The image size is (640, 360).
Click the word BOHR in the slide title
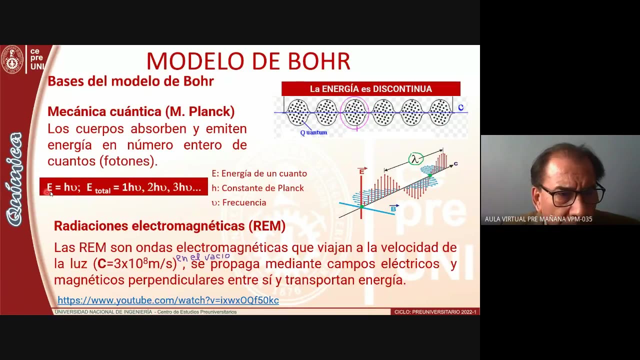pos(315,61)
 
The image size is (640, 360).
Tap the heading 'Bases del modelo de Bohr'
pos(130,81)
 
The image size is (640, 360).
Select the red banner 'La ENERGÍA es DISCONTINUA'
pos(370,89)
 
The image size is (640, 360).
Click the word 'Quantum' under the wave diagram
pos(313,132)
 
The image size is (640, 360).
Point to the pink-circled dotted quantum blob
pos(354,112)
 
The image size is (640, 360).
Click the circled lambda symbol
pos(415,159)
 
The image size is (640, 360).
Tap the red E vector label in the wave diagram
pos(361,171)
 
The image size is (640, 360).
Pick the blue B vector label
pos(393,208)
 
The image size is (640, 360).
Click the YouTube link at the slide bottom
pos(168,300)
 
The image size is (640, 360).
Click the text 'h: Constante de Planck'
pos(257,188)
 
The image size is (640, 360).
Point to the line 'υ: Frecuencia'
pos(238,202)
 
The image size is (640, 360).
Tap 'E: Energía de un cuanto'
pos(259,173)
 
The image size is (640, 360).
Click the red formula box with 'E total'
pos(123,187)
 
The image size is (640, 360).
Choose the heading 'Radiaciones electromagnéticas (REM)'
pos(169,226)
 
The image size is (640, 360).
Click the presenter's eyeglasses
pos(575,194)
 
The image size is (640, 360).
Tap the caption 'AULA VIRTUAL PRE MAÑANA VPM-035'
pos(538,219)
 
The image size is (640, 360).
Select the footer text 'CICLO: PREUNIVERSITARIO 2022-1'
pos(435,312)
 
